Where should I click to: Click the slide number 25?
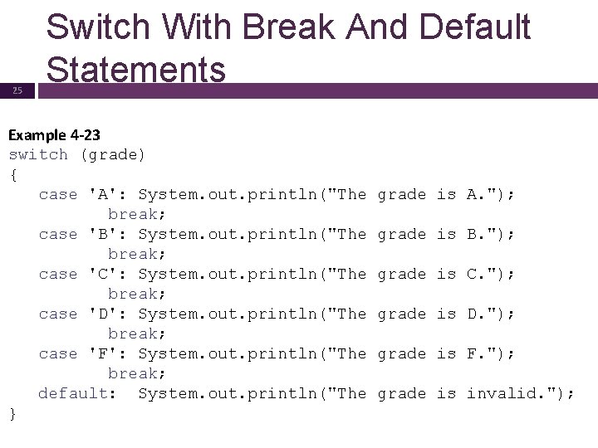coord(17,91)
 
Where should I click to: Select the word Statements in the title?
coord(136,69)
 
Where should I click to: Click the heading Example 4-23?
coord(55,134)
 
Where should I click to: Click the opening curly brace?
coord(12,174)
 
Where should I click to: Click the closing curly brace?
coord(12,413)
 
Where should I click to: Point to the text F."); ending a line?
coord(491,353)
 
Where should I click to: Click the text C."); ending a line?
coord(491,274)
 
